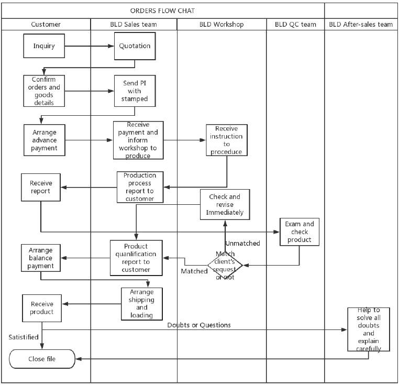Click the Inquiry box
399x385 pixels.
(x=44, y=46)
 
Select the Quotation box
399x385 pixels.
(x=135, y=46)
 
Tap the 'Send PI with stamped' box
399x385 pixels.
(x=135, y=91)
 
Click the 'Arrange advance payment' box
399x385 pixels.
(x=45, y=140)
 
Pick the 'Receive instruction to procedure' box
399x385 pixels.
(x=227, y=140)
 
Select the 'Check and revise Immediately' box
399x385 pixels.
(x=225, y=204)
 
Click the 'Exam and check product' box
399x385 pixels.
(x=300, y=232)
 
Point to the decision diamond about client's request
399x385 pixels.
(x=225, y=266)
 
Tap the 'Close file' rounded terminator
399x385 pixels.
(x=42, y=359)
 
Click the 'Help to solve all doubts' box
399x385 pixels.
(x=369, y=329)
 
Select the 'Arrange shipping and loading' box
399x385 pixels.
(x=142, y=304)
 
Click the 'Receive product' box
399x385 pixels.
(x=42, y=308)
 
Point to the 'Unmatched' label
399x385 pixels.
(x=243, y=244)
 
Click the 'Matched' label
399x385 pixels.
(x=194, y=271)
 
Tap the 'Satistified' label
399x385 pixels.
(x=24, y=337)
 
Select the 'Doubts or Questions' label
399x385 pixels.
(x=199, y=325)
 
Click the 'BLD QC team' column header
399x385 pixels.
(x=295, y=25)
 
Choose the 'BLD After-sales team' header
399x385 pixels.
(x=361, y=25)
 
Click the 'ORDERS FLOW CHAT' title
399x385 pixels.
(x=163, y=10)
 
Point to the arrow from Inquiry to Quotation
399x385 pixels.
(x=90, y=46)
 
